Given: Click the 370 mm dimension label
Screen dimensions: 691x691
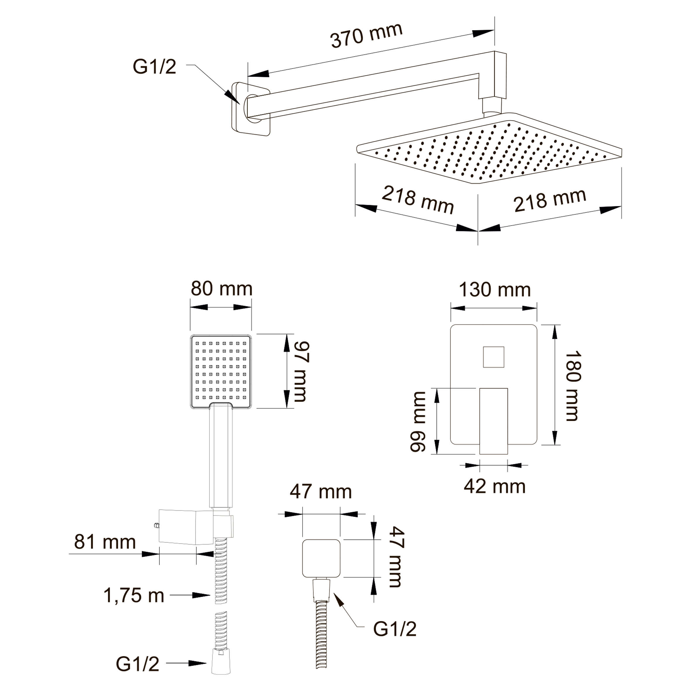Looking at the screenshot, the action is coord(367,36).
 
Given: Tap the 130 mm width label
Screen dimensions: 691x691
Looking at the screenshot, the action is coord(495,290).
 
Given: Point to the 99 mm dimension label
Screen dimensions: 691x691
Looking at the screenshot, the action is coord(418,421).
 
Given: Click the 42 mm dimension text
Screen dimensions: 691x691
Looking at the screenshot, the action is coord(495,487).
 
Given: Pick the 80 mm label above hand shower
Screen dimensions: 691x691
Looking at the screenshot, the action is coord(221,289).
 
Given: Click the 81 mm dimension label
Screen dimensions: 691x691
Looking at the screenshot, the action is coord(105,542).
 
